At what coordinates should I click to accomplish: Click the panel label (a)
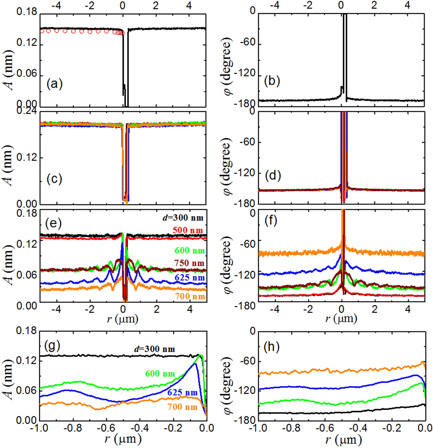[54, 84]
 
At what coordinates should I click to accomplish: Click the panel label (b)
[272, 81]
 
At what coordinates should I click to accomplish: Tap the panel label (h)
[272, 347]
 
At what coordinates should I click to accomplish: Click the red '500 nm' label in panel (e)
[188, 230]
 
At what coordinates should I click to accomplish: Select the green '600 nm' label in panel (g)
[160, 374]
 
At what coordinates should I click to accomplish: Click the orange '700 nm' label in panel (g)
[182, 407]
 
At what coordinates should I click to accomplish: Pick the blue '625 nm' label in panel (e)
[189, 277]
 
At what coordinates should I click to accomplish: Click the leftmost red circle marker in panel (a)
[42, 31]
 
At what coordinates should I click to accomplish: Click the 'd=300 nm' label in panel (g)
[154, 349]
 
